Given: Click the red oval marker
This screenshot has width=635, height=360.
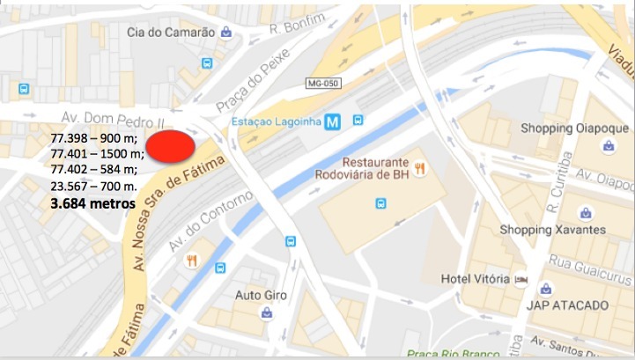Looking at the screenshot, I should [170, 147].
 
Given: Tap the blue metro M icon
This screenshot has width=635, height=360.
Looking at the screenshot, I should [333, 121].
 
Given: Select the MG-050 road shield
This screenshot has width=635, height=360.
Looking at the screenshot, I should [323, 84].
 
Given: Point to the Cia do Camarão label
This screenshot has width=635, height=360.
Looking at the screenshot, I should [171, 32].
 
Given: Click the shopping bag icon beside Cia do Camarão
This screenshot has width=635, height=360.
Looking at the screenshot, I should [226, 32].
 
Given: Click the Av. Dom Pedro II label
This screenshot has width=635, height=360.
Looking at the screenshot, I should [114, 117].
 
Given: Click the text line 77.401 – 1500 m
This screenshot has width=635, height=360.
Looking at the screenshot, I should [96, 153].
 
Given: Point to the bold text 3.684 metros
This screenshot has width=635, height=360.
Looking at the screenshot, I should [92, 202].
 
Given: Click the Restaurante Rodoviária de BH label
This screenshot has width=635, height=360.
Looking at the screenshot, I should [375, 167].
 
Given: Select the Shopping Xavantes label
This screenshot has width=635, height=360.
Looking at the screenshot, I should [553, 230].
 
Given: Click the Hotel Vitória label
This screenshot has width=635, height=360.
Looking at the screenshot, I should [475, 278].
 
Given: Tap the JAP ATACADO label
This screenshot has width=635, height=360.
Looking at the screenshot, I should [567, 305].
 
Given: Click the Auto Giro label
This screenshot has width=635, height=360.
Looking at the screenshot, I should [260, 294].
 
